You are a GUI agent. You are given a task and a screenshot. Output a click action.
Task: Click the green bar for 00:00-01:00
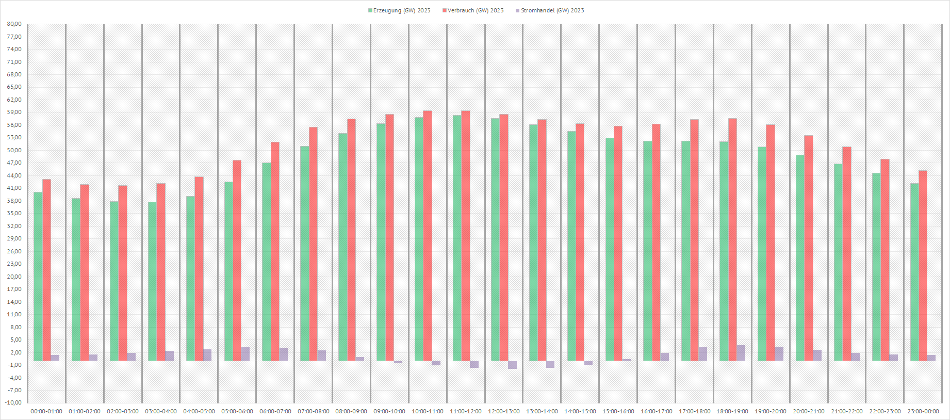click(38, 276)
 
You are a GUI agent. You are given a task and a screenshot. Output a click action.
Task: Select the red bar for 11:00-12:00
click(466, 235)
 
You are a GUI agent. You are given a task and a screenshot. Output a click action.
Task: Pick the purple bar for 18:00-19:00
click(741, 353)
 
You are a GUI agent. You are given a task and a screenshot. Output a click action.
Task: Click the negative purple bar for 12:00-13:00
click(512, 364)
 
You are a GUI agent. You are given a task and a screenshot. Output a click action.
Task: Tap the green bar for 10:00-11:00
click(419, 239)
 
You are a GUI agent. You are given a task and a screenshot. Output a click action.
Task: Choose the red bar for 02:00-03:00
click(123, 273)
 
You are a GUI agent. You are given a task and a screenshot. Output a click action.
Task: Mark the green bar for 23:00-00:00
click(914, 272)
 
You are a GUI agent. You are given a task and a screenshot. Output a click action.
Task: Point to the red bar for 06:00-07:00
click(275, 251)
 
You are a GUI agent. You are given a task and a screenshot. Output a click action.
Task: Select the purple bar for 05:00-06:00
click(245, 354)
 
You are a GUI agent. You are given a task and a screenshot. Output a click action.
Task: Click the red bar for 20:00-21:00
click(809, 248)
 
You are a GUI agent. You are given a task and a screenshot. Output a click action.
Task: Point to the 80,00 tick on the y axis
click(14, 24)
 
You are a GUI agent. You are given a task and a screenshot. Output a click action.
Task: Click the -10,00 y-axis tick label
click(14, 402)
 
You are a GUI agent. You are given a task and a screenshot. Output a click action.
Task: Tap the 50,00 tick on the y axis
click(14, 150)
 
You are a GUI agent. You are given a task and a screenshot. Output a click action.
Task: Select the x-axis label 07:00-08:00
click(313, 411)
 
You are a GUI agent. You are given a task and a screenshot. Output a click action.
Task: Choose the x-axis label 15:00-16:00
click(618, 411)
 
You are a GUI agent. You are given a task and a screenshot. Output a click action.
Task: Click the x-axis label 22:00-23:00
click(885, 411)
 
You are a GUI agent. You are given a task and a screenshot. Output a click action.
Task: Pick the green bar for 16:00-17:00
click(647, 251)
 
